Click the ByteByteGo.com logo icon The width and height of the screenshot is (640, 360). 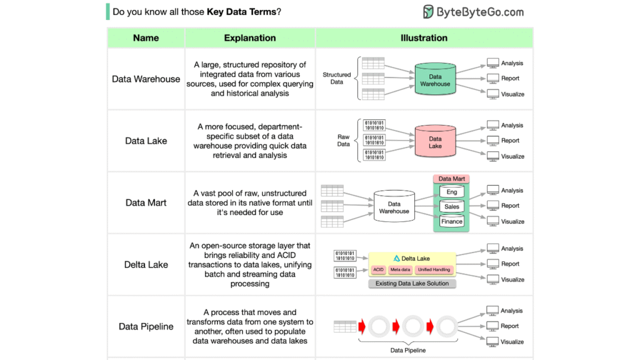[x=428, y=12]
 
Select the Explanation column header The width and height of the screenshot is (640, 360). [x=250, y=38]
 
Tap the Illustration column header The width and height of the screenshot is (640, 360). [x=424, y=38]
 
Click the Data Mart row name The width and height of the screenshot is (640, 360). [x=146, y=202]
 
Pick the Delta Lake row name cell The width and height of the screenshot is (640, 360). [x=146, y=264]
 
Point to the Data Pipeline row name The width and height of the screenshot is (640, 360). [x=146, y=326]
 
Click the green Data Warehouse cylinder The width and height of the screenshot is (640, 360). [x=435, y=79]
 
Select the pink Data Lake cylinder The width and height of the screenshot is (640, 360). [x=435, y=142]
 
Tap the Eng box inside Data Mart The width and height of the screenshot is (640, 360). [x=452, y=192]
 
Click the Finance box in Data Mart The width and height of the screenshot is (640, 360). [x=452, y=221]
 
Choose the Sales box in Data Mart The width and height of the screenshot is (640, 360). [x=452, y=207]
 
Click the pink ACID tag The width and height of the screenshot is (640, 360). [x=378, y=270]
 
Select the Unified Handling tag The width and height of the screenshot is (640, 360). [x=434, y=270]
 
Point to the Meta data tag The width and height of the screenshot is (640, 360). [x=400, y=270]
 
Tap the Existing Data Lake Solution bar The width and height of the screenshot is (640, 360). [x=412, y=284]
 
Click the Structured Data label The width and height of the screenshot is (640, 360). [x=336, y=78]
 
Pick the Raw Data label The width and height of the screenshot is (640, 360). [x=343, y=140]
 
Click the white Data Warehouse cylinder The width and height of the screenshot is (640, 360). [x=394, y=207]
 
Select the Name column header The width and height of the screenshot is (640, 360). [x=146, y=38]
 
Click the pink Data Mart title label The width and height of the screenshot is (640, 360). [x=451, y=179]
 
